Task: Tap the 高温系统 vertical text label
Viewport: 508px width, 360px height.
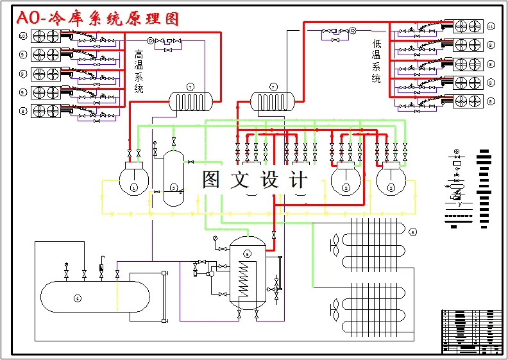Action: (x=139, y=72)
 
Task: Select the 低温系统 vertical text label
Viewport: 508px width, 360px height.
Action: (x=377, y=61)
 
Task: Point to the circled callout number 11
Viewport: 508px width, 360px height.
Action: (x=491, y=26)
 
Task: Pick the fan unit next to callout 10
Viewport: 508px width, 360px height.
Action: (x=46, y=36)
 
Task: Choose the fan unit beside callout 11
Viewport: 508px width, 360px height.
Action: (x=468, y=26)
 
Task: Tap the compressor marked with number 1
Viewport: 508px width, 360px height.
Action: (x=133, y=180)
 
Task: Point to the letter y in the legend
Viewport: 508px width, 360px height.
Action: (x=459, y=204)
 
